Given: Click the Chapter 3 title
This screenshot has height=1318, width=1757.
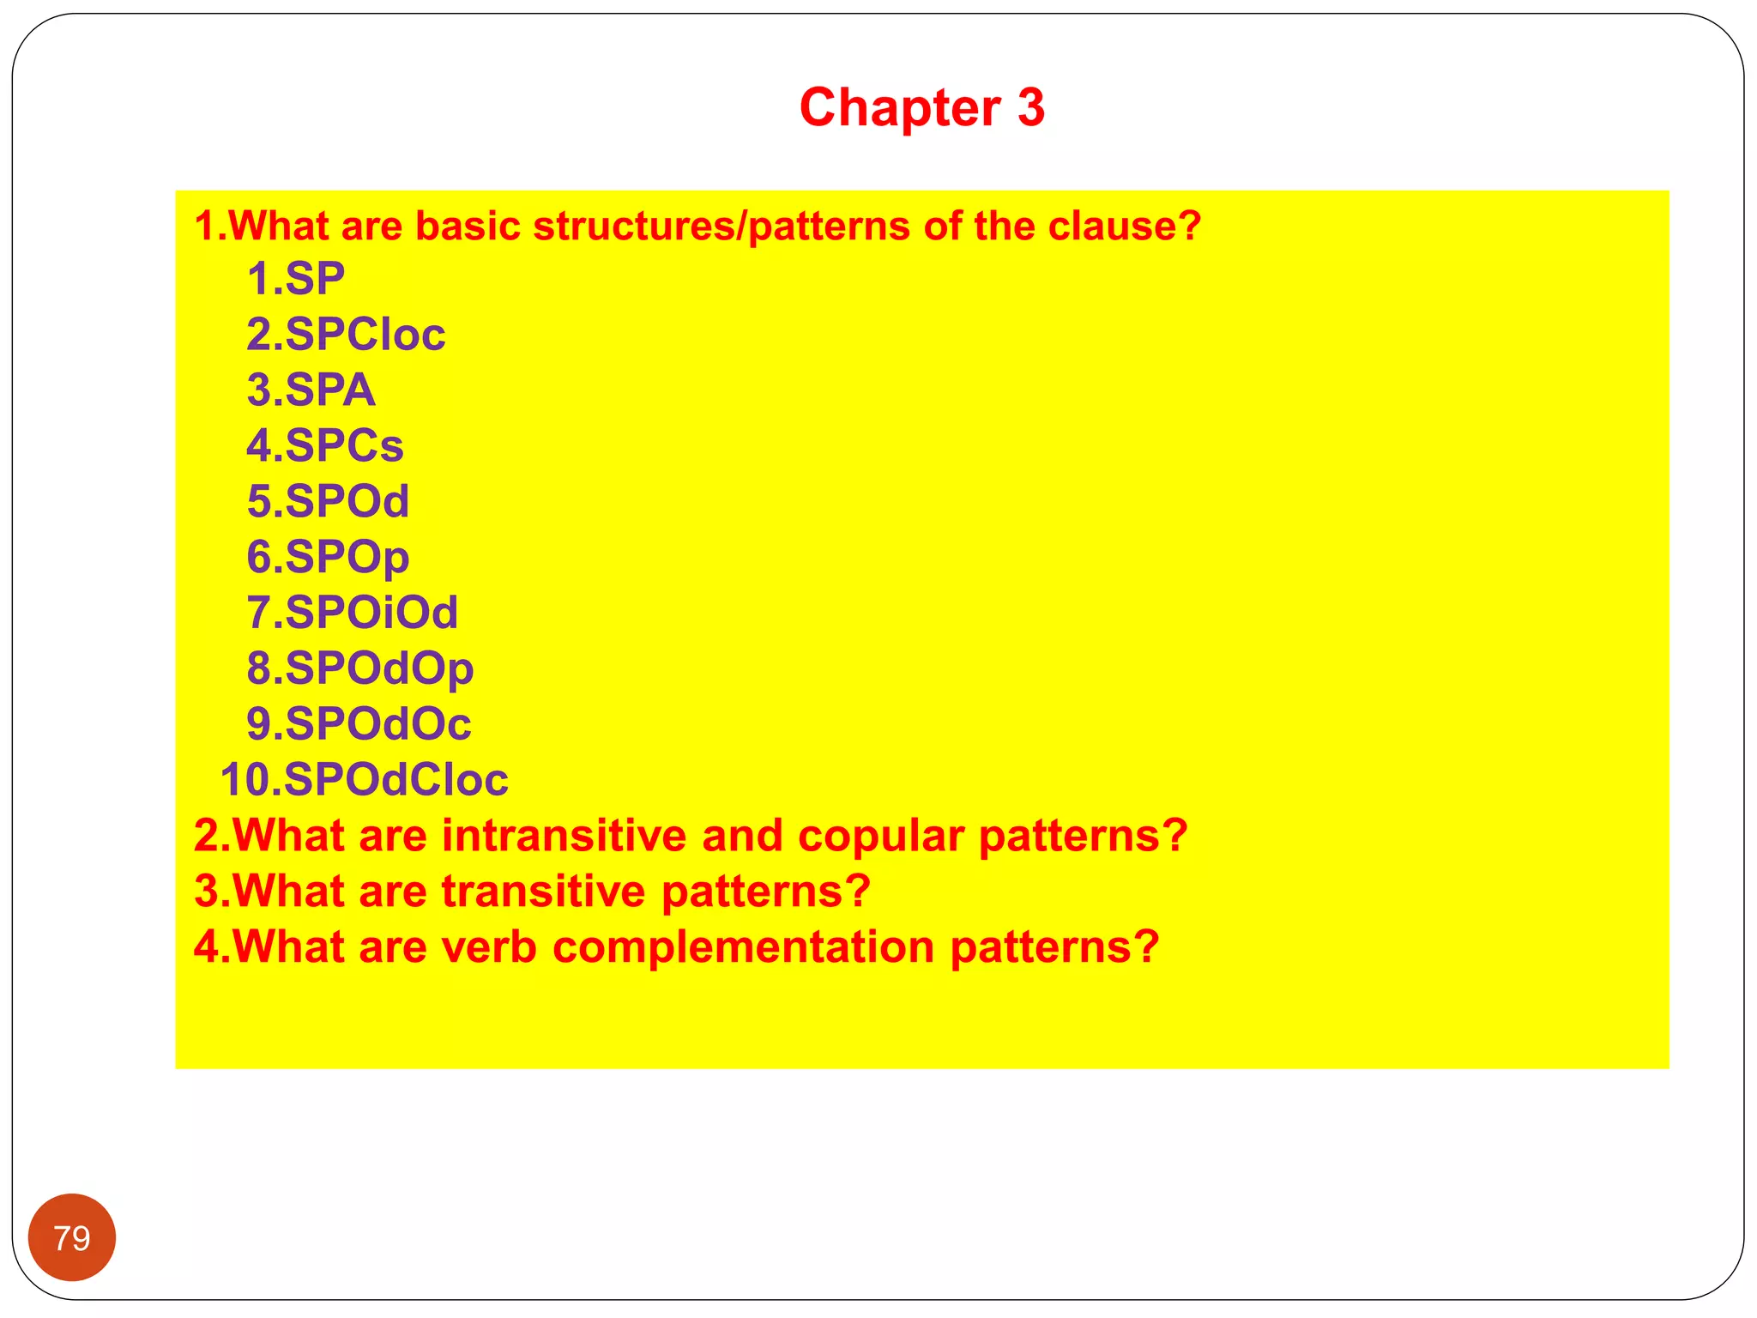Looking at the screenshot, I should tap(921, 108).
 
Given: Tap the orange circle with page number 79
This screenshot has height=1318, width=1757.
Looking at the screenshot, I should tap(72, 1237).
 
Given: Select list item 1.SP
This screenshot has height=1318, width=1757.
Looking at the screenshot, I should tap(295, 279).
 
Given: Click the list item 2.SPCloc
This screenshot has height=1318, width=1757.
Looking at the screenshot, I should tap(346, 335).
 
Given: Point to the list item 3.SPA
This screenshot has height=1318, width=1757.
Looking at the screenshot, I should tap(311, 390).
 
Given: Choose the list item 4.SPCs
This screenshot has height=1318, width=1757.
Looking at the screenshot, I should tap(324, 446).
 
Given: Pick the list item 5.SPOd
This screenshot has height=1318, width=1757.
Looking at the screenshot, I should tap(328, 502).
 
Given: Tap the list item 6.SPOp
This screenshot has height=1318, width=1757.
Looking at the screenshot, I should tap(328, 558).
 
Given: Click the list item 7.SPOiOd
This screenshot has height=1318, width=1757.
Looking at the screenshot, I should tap(352, 614).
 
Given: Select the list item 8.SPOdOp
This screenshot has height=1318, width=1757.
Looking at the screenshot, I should tap(359, 669).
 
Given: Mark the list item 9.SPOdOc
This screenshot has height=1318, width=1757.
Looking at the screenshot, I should tap(359, 724).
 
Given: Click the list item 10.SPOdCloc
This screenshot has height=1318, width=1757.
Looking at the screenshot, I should tap(364, 780).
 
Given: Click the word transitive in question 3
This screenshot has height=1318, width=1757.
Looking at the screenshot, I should tap(544, 892).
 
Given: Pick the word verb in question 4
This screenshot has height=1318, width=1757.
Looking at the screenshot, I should tap(489, 947).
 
